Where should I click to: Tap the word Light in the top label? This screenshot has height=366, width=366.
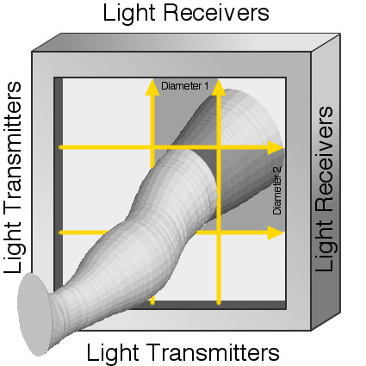(x=129, y=13)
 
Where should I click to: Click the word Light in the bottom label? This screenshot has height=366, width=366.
(x=112, y=352)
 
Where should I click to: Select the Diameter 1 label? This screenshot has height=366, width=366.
(x=185, y=85)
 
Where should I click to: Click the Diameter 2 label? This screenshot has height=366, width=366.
(x=277, y=190)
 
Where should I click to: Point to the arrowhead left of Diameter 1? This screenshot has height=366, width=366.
(x=152, y=87)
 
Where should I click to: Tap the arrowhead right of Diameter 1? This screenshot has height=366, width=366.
(x=219, y=87)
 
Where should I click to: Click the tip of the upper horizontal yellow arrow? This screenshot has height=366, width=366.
(x=283, y=147)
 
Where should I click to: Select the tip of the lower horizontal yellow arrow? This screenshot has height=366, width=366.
(x=283, y=233)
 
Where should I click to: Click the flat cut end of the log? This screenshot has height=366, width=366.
(x=34, y=314)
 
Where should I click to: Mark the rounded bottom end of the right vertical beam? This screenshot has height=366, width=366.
(x=219, y=303)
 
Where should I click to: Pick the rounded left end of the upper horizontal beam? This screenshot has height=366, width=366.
(x=60, y=147)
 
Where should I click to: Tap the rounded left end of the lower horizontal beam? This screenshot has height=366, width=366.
(x=60, y=233)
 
